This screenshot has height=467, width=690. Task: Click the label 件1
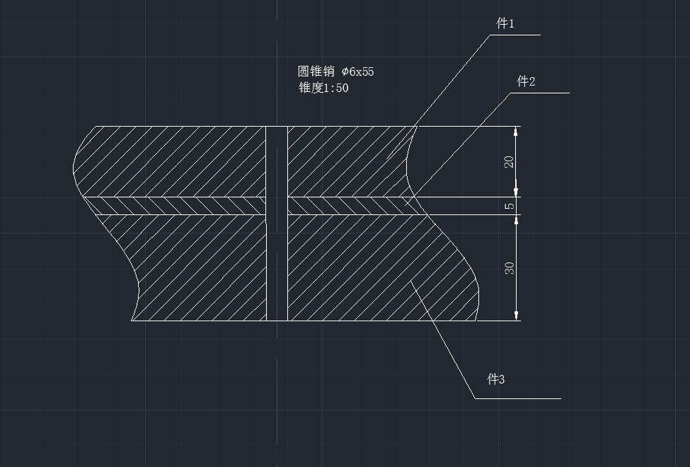505,23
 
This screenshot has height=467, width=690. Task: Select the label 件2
526,81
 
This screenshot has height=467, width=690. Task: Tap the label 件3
496,379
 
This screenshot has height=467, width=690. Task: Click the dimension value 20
509,161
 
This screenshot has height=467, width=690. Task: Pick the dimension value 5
509,205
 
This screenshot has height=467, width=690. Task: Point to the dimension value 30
509,267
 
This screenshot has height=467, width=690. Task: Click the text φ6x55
358,71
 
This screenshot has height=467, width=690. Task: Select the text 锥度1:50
323,88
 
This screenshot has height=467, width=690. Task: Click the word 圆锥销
316,71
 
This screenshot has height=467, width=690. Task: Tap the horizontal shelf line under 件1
515,35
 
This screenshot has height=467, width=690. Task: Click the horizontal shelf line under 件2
540,93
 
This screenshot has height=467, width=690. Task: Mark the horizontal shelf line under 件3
518,399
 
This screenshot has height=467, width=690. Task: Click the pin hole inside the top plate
277,161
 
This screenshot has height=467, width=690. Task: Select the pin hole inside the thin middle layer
277,206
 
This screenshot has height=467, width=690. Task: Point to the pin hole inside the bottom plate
277,267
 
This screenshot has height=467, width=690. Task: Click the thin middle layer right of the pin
352,206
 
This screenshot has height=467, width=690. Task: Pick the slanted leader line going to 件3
443,340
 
